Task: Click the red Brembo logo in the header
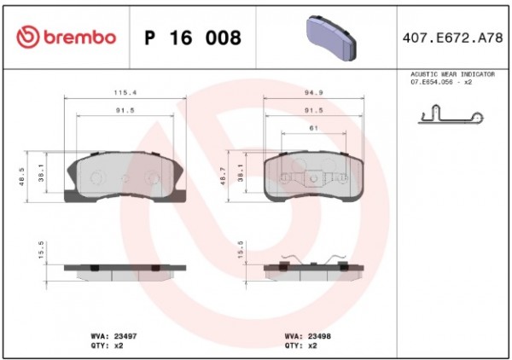click(x=67, y=37)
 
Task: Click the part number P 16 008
click(x=193, y=38)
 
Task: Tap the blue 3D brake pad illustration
click(x=331, y=38)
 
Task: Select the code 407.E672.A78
click(x=452, y=38)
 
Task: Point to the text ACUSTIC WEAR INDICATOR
click(x=452, y=74)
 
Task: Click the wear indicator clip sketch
click(x=451, y=114)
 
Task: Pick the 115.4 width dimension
click(x=125, y=93)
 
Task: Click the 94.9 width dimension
click(x=314, y=93)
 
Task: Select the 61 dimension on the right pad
click(x=314, y=128)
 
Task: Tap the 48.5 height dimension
click(x=22, y=177)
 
